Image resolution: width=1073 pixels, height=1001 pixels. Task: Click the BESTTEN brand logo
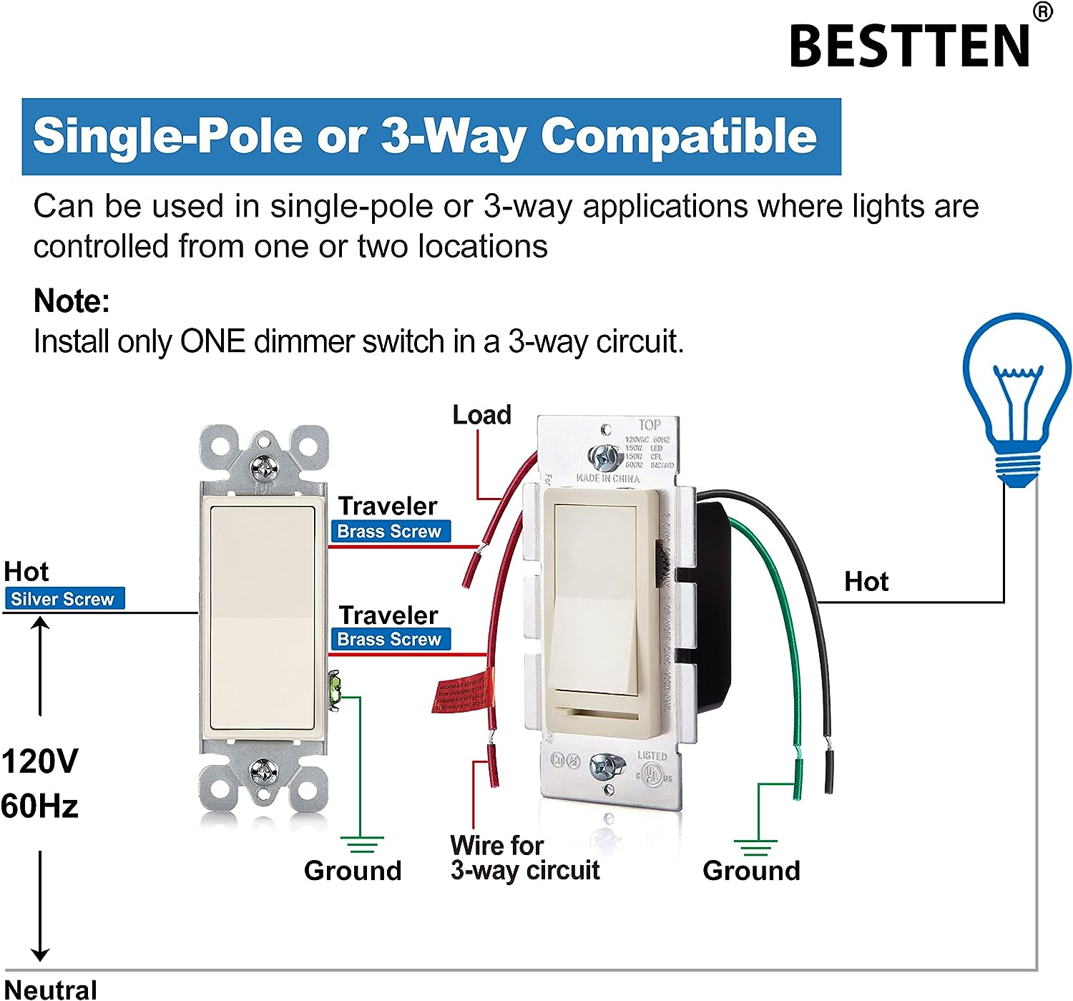(910, 44)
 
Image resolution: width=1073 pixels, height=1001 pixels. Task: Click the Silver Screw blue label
(64, 599)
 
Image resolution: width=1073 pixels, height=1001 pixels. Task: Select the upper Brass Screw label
(390, 532)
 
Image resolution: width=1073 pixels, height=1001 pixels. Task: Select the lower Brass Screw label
(390, 639)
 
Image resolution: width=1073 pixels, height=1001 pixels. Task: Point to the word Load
(481, 415)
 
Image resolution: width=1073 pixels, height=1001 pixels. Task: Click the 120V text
(39, 761)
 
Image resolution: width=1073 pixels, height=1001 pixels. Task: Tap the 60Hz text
(39, 806)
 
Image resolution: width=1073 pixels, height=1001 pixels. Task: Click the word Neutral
(51, 990)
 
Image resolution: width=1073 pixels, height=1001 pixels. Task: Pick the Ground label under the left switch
(353, 871)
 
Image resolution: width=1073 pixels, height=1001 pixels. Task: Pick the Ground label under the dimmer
(751, 871)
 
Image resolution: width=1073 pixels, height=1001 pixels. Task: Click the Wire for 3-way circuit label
(524, 858)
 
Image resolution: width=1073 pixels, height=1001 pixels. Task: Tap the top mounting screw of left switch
(264, 467)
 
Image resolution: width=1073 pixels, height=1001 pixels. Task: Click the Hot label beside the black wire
(866, 582)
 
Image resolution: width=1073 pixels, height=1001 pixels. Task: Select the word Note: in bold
(72, 301)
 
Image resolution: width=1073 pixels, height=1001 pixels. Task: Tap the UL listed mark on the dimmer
(650, 773)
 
